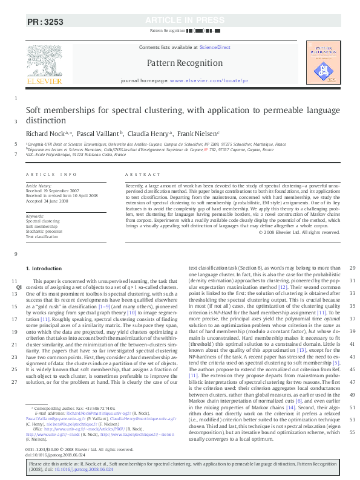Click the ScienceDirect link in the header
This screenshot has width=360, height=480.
[215, 47]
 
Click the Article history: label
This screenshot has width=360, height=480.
[38, 187]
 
